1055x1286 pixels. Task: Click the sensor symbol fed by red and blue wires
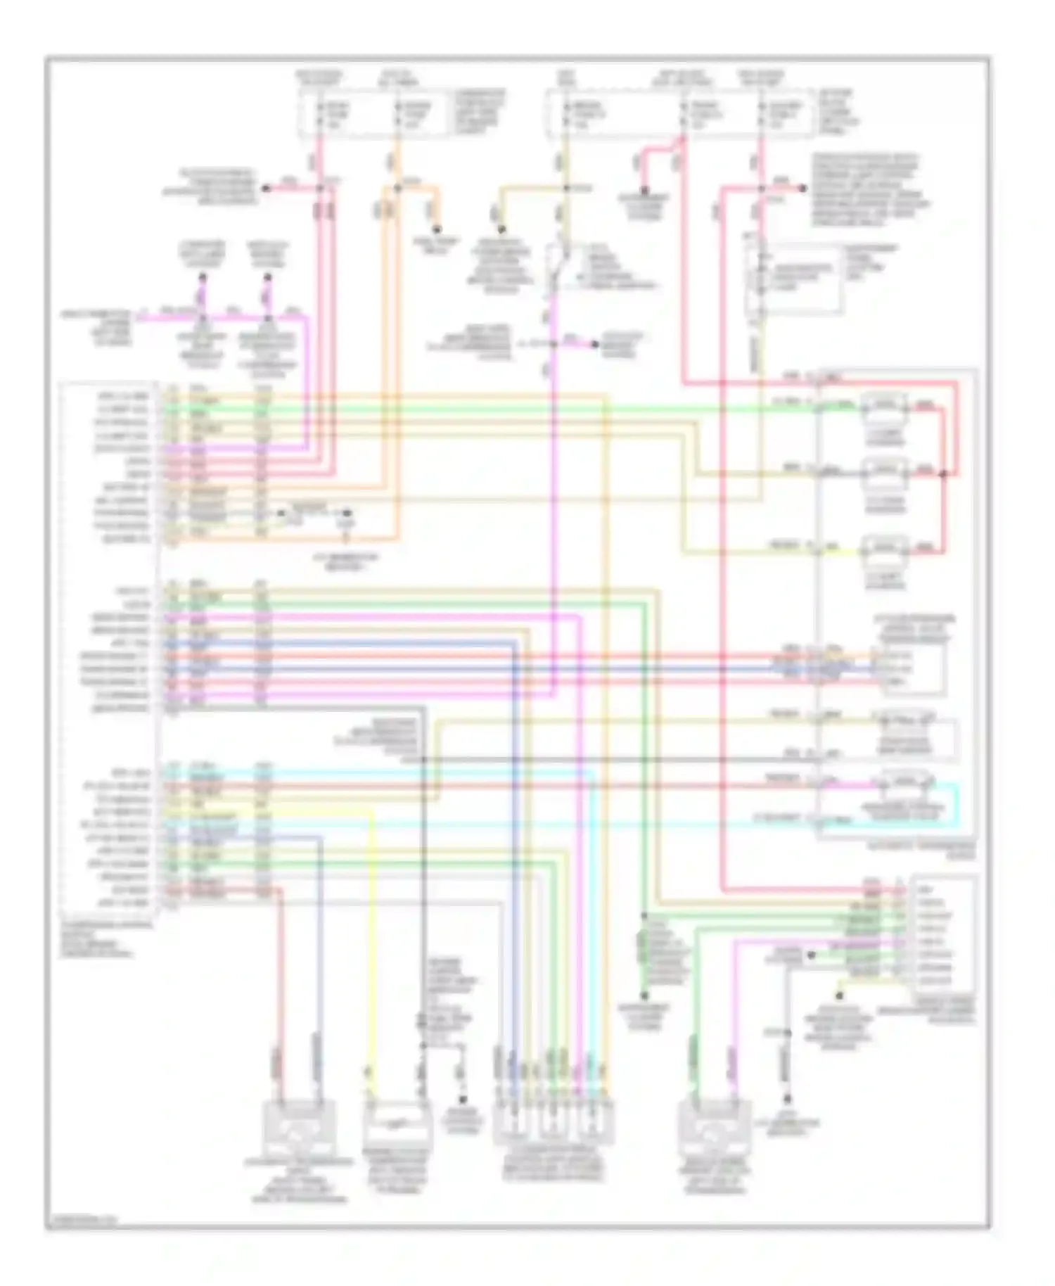pos(299,1127)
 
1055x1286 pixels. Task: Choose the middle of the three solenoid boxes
pos(885,471)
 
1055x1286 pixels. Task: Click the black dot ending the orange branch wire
pos(436,229)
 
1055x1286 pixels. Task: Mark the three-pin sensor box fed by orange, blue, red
pos(911,667)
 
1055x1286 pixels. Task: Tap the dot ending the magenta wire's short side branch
pos(594,344)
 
